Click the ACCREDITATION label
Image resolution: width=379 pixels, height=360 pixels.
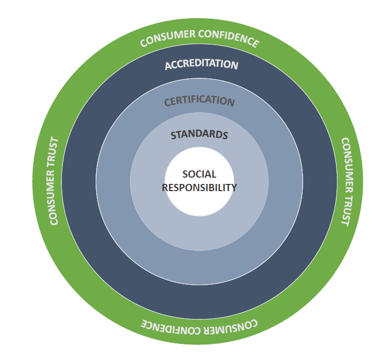pos(202,64)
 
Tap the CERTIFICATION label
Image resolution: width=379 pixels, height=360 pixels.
pos(200,100)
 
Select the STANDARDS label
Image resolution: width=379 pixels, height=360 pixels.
pos(199,135)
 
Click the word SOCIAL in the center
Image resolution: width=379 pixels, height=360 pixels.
pos(199,175)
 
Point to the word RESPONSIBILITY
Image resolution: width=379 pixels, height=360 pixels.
pos(199,188)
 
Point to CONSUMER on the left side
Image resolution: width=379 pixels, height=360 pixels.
pos(54,200)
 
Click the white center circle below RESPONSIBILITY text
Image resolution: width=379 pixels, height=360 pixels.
pos(199,204)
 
